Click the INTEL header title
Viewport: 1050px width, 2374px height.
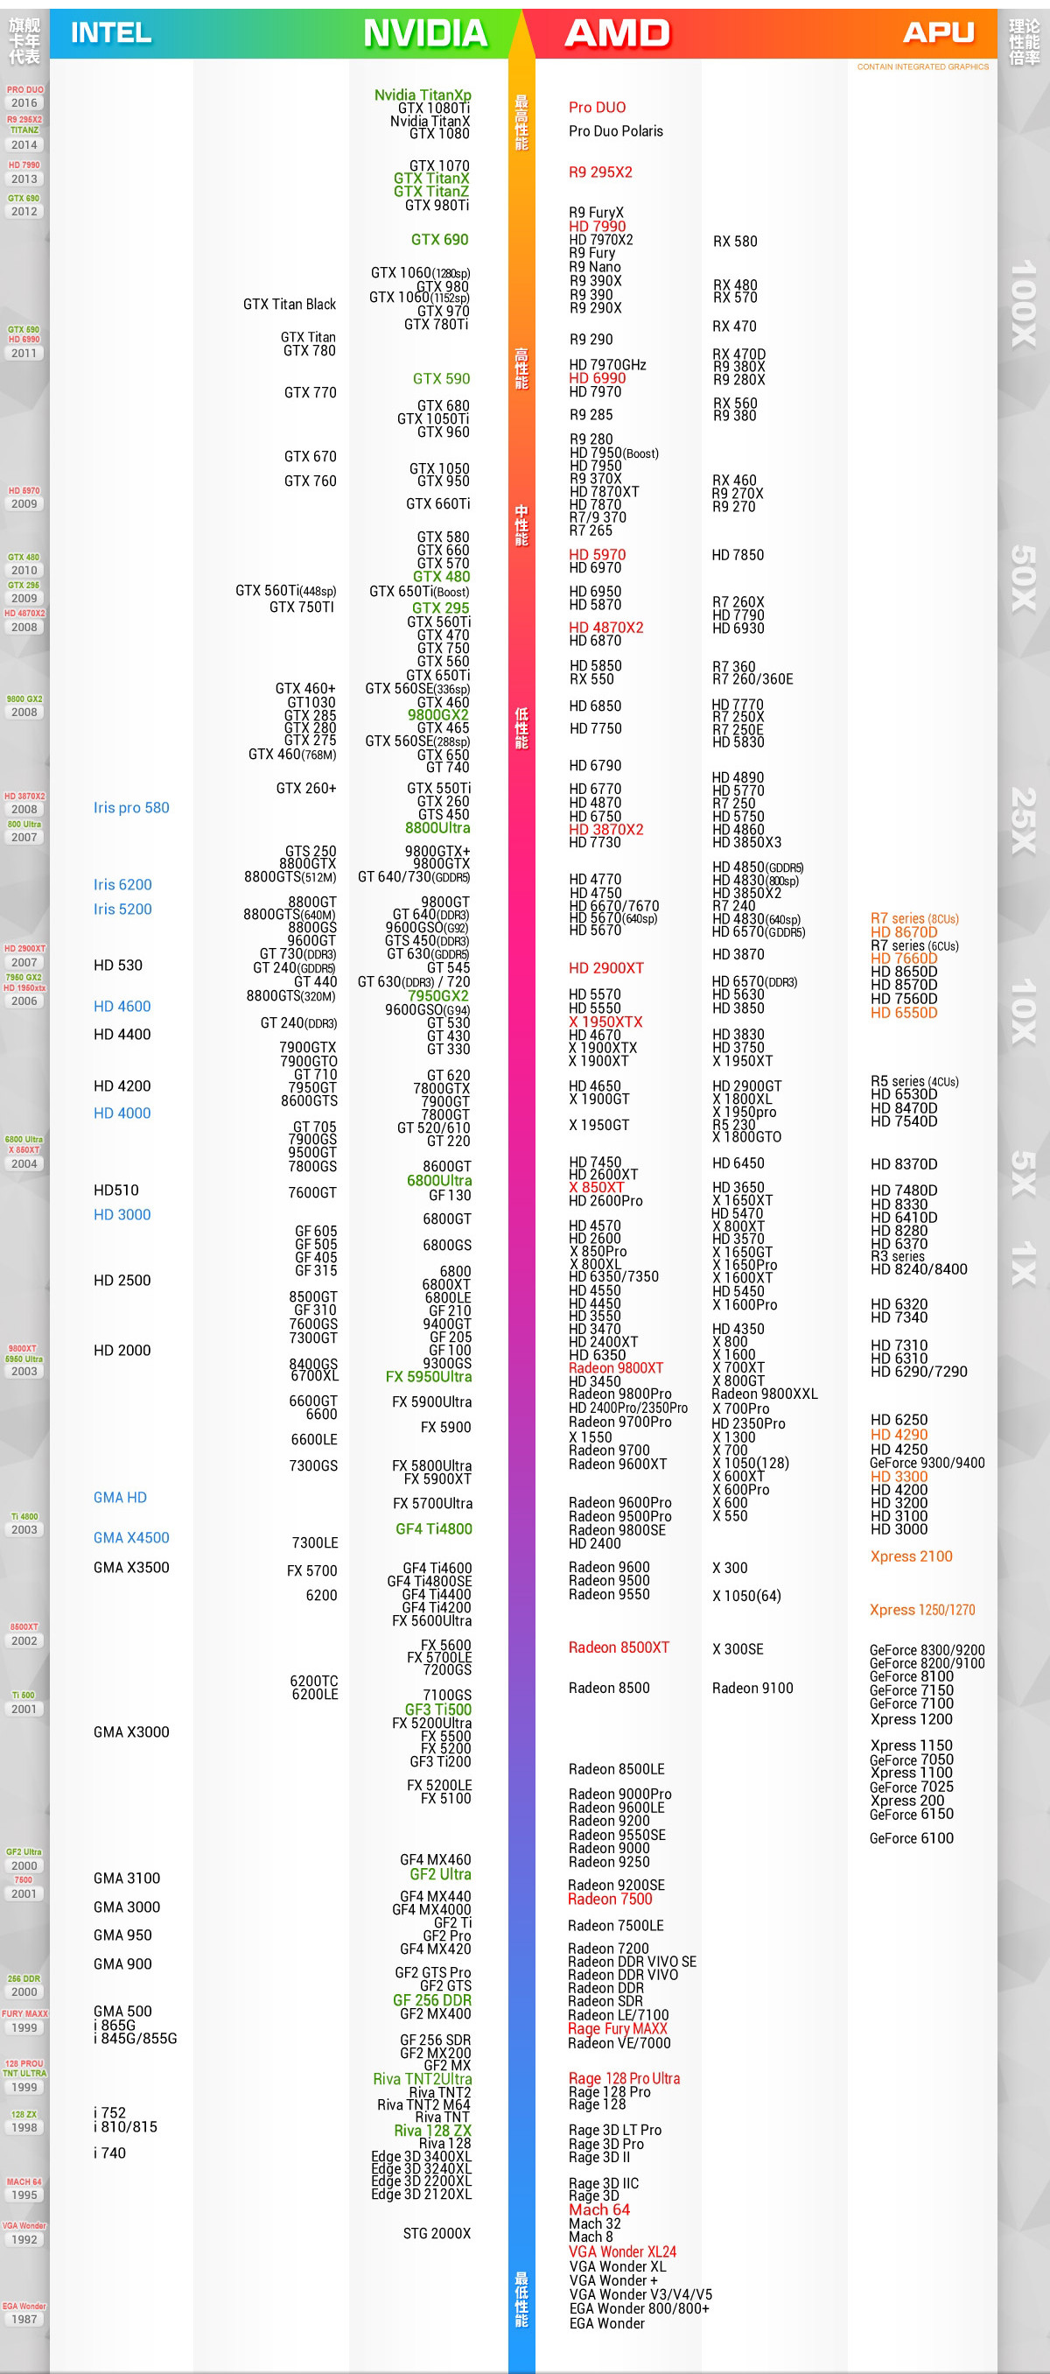111,33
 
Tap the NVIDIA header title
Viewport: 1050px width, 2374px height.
424,33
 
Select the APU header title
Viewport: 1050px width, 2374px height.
939,32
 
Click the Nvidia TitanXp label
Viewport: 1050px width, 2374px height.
423,95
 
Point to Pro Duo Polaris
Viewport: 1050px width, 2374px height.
615,130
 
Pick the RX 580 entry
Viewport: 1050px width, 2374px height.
734,242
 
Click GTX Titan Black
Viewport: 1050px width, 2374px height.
290,304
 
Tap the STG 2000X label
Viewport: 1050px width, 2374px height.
437,2233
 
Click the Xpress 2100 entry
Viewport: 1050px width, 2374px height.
911,1556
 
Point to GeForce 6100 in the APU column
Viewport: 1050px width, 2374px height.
911,1837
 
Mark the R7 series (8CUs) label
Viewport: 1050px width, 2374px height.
913,918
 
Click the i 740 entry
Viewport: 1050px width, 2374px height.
109,2153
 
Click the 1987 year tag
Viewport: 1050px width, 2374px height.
24,2319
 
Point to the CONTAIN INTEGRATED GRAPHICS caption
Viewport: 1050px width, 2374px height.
922,67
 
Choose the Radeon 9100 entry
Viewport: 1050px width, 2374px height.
752,1688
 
